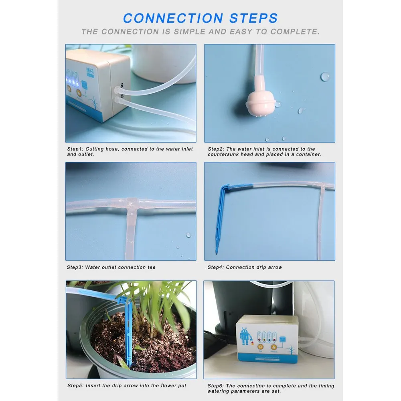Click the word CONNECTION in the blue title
(172, 18)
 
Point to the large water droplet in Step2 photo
(325, 77)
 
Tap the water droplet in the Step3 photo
(188, 235)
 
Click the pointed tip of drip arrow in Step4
(216, 253)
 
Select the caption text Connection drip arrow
(254, 267)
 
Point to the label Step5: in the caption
(75, 386)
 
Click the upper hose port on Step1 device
(119, 86)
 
